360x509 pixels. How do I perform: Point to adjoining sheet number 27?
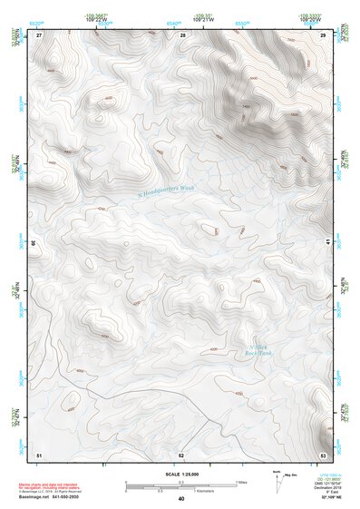(39, 34)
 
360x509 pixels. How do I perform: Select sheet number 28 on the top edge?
(182, 34)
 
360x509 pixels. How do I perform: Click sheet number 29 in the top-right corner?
(323, 34)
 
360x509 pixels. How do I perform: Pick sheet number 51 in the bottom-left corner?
(39, 454)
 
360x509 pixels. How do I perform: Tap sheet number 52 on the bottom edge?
(181, 454)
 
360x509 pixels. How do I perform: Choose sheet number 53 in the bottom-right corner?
(323, 454)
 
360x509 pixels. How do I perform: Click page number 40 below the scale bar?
(181, 499)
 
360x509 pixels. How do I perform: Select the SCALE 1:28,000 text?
(181, 475)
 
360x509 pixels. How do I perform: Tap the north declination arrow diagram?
(277, 478)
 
